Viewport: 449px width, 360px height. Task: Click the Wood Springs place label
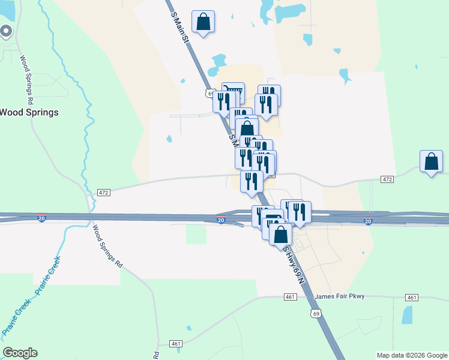pos(29,112)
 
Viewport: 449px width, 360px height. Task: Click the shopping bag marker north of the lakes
pos(203,22)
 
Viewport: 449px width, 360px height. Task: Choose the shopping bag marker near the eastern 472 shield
pos(431,162)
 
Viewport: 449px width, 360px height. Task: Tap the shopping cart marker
pos(234,91)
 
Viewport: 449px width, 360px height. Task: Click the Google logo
pos(20,353)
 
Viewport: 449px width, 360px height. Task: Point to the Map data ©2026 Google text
pos(412,355)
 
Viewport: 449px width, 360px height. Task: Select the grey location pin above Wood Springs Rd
pos(7,31)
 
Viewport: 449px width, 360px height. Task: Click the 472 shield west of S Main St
pos(103,192)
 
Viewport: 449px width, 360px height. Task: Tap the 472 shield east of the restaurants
pos(387,179)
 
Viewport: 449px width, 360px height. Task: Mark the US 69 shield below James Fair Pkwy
pos(316,313)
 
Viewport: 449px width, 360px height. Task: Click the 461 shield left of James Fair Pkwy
pos(290,297)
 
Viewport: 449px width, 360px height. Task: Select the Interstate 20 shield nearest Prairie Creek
pos(41,218)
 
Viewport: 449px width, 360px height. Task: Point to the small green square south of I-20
pos(196,234)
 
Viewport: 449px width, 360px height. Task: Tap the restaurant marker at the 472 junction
pos(252,181)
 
